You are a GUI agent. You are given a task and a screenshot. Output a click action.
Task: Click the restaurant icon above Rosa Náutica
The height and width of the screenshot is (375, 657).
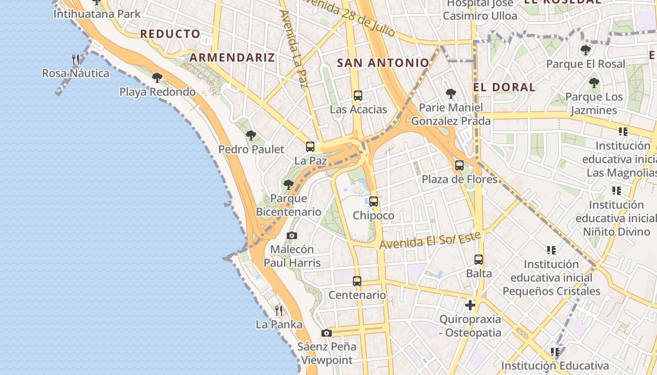click(x=76, y=59)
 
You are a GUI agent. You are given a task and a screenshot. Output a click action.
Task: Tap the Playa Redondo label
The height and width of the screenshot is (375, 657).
click(x=157, y=92)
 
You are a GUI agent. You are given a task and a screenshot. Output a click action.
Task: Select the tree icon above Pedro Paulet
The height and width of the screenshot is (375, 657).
click(x=251, y=135)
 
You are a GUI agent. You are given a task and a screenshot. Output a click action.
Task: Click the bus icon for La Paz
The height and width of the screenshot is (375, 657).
click(x=310, y=146)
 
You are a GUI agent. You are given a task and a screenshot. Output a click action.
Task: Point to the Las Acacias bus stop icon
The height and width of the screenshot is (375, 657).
click(x=358, y=96)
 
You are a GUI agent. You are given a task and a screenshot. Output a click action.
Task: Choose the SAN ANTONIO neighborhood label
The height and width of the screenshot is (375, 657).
click(x=383, y=63)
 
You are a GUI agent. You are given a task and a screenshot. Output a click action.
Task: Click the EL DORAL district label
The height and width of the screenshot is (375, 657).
click(x=504, y=87)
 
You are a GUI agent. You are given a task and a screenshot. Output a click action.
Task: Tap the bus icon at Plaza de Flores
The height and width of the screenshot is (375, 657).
click(x=459, y=165)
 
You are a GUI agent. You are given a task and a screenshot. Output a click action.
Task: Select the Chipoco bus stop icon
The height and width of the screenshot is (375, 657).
click(x=374, y=202)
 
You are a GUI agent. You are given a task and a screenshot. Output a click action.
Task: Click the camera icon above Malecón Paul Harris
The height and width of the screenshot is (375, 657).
click(x=292, y=235)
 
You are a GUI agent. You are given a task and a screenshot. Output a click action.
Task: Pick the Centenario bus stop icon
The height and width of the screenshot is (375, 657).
click(x=357, y=281)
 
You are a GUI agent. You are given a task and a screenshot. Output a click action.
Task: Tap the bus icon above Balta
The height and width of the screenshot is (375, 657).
click(x=479, y=259)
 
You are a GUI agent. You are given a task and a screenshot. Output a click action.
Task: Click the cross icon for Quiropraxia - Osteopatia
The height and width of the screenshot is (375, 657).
click(x=470, y=305)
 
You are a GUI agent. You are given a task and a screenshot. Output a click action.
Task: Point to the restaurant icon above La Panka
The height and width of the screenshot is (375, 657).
click(x=279, y=310)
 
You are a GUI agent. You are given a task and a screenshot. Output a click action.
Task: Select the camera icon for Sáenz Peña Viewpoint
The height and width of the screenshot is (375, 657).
click(x=327, y=333)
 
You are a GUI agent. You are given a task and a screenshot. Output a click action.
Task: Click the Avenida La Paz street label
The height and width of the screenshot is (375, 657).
click(x=293, y=49)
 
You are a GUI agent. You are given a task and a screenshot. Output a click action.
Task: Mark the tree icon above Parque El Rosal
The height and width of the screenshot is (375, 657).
click(x=585, y=50)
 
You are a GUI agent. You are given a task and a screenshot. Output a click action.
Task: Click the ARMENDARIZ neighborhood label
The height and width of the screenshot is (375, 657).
click(x=232, y=58)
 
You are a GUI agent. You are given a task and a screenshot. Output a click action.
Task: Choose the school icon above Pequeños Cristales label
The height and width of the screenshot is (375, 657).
click(x=551, y=250)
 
